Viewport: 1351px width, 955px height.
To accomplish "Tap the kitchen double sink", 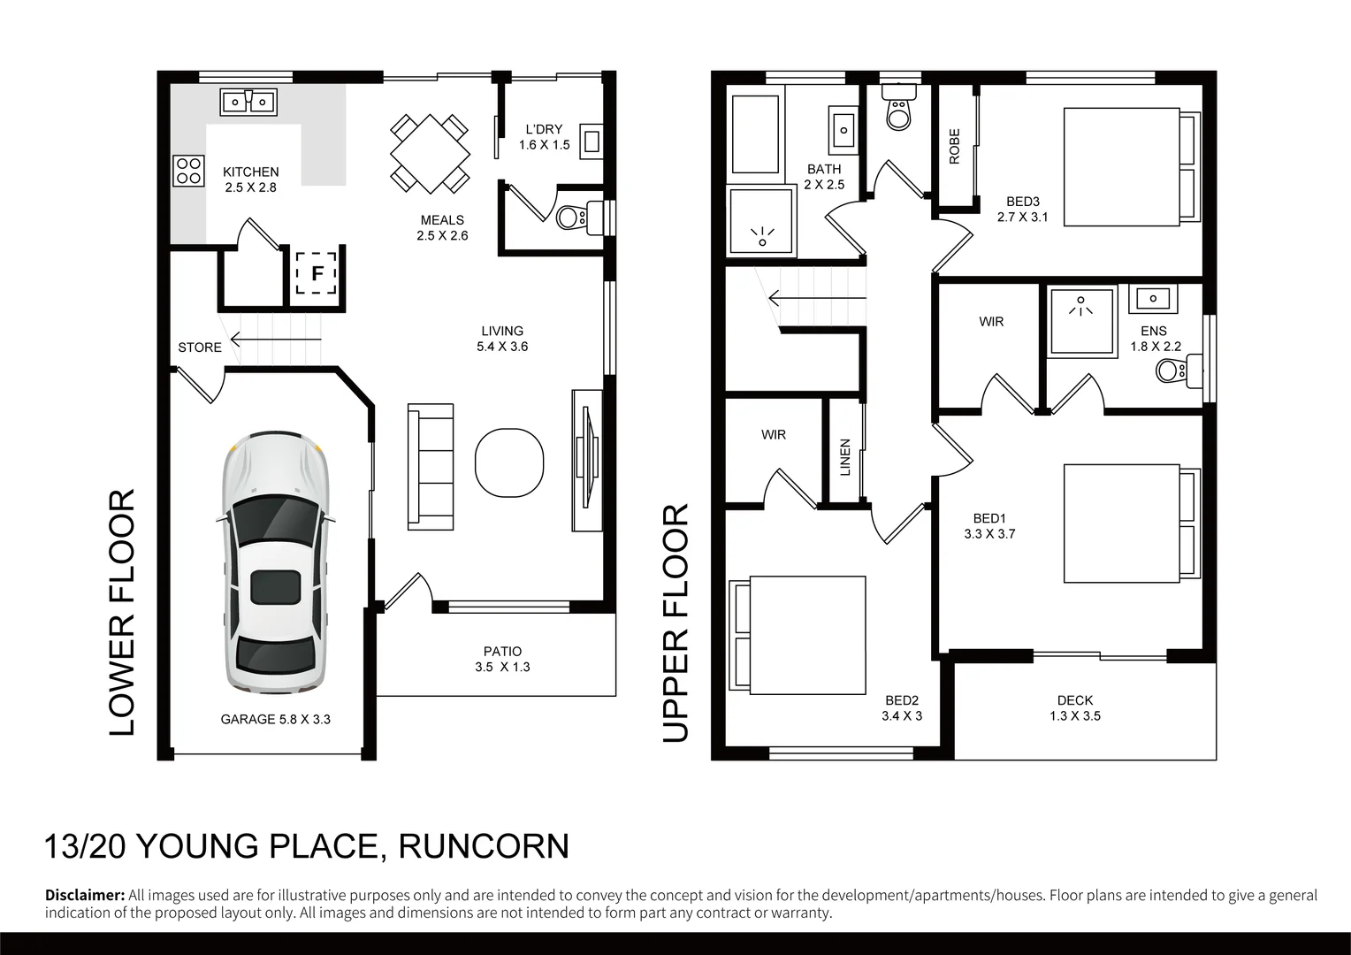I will click(248, 102).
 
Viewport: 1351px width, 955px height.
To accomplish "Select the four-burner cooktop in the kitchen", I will click(188, 170).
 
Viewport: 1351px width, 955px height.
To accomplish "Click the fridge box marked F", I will click(316, 272).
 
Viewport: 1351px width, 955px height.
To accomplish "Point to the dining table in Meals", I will click(430, 154).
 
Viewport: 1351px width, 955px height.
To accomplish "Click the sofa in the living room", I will click(431, 466).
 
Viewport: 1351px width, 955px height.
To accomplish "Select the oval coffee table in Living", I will click(508, 464).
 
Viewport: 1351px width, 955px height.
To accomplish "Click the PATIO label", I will click(502, 651).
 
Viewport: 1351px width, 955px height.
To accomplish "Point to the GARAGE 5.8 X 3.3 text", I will click(275, 720).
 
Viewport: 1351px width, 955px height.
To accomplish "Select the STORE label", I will click(200, 348).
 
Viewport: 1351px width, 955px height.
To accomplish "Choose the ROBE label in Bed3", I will click(955, 147).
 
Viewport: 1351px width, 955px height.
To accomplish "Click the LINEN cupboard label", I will click(845, 457).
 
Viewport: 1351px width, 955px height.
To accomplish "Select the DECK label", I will click(1074, 700).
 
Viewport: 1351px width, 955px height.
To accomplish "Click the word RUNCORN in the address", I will click(484, 846).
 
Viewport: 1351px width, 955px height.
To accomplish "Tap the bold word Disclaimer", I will click(85, 895).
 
